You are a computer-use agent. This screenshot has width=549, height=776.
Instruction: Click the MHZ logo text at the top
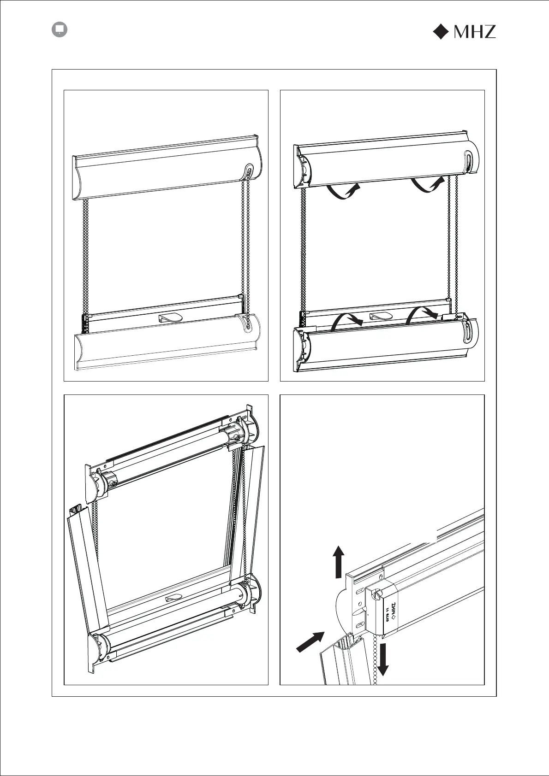475,31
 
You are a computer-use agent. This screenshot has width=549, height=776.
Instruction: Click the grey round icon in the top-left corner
59,29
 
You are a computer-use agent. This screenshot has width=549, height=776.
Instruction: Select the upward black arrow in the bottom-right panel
339,561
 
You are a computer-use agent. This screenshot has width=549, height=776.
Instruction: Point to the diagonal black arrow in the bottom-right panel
310,642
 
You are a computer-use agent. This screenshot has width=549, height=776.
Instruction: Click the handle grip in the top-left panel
170,317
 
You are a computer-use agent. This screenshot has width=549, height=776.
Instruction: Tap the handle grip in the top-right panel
381,317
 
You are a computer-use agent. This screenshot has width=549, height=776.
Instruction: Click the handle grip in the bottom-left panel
173,598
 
